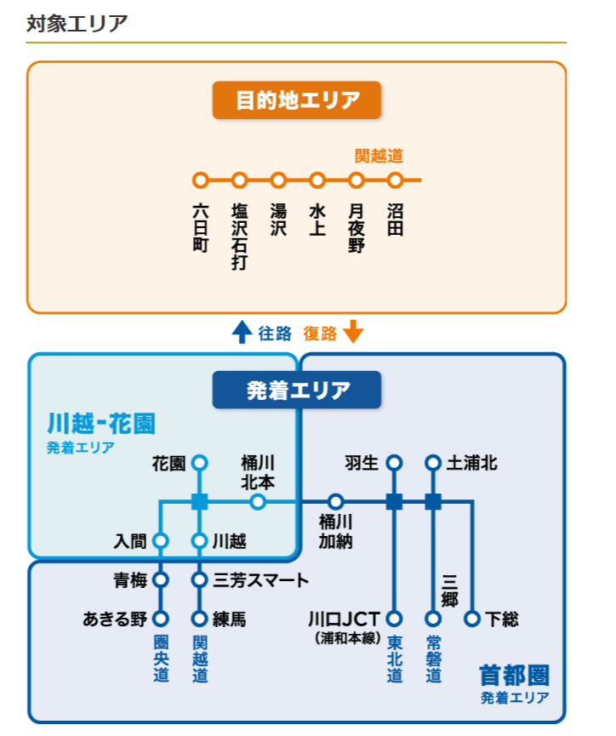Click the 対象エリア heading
(77, 23)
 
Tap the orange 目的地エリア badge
(297, 100)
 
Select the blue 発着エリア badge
(297, 391)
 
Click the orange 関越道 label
(379, 156)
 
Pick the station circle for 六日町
(201, 180)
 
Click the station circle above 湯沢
(278, 180)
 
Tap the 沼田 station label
(395, 220)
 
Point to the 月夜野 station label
(356, 227)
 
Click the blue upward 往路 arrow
(242, 332)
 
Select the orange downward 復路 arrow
(353, 332)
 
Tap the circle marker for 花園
(200, 463)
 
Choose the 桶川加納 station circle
(336, 502)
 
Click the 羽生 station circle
(394, 463)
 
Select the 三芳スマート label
(260, 580)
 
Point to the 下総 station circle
(472, 619)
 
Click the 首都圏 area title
(514, 676)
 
